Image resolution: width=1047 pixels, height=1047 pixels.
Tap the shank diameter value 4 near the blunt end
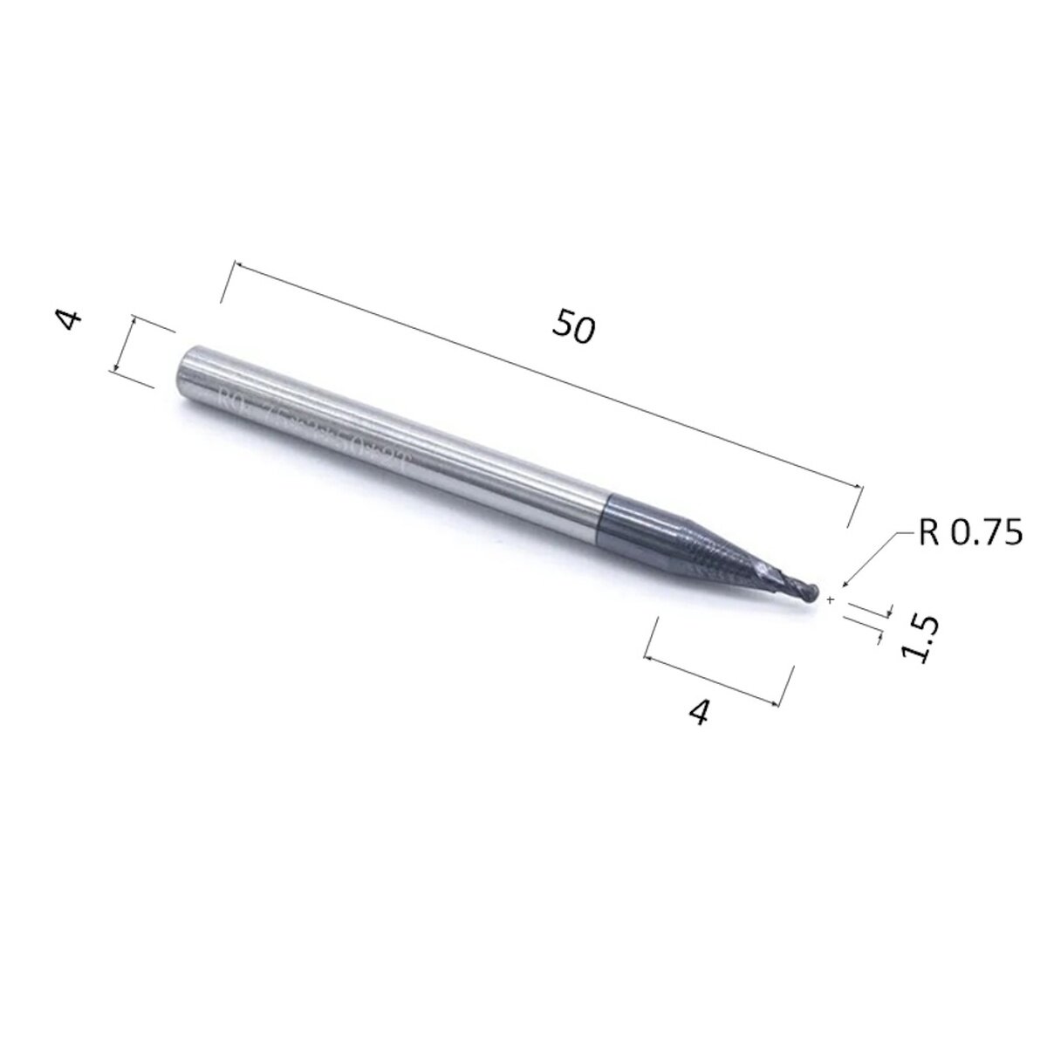(71, 319)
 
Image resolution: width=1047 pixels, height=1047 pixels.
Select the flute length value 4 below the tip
(698, 713)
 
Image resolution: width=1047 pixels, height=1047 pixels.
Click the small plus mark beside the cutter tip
(831, 600)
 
